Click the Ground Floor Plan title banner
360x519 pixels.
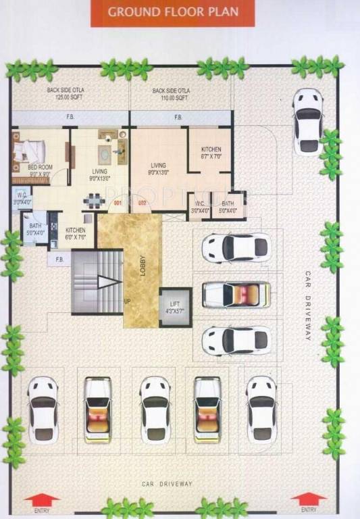173,12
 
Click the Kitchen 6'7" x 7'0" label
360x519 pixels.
211,153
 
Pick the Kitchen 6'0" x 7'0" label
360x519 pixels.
75,234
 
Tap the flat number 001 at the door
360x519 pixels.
118,203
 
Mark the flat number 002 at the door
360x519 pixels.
143,203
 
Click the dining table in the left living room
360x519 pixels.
93,200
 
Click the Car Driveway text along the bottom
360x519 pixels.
167,484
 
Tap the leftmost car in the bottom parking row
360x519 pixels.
43,410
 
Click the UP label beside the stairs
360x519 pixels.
126,301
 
